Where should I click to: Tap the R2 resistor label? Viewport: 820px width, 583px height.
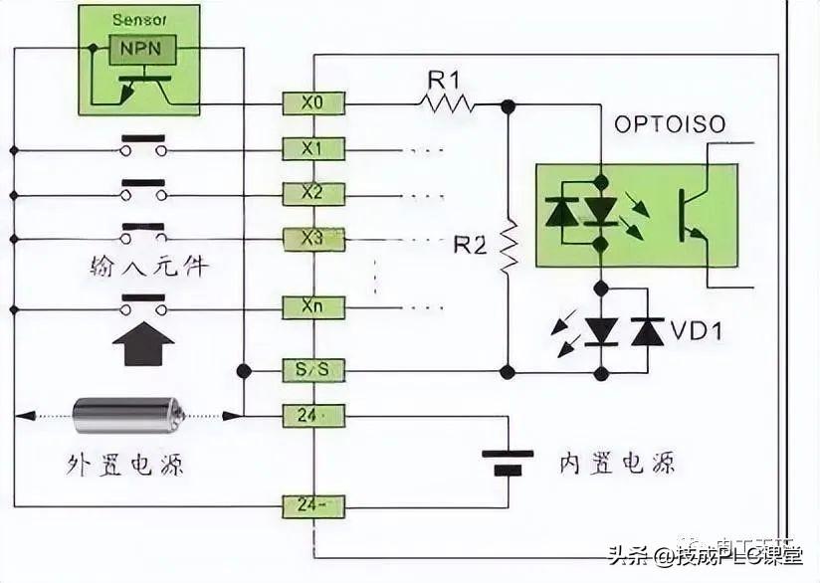coord(470,244)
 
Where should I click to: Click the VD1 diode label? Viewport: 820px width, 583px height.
coord(696,330)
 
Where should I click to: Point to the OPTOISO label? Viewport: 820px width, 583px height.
coord(670,125)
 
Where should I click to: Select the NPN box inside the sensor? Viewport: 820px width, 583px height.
coord(143,48)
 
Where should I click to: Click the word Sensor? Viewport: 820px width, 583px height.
coord(139,19)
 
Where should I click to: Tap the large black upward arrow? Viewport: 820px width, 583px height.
coord(143,346)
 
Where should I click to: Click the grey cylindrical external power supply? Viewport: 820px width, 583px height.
coord(127,415)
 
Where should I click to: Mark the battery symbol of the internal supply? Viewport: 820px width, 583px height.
coord(508,462)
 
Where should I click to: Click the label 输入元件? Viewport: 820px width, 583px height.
coord(147,267)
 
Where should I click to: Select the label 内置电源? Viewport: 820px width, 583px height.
coord(617,463)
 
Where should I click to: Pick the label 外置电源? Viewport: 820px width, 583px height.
coord(125,464)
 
